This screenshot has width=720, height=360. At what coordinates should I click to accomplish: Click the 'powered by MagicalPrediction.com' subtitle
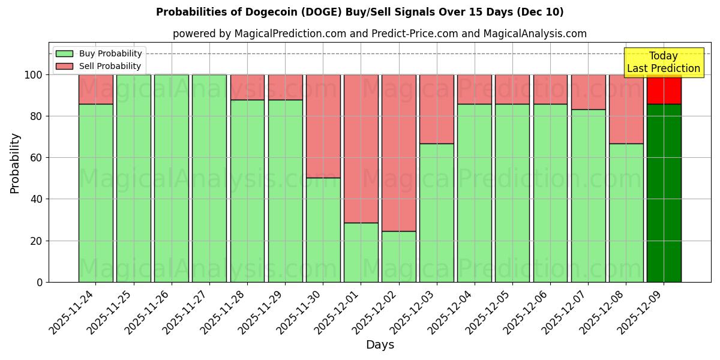tap(379, 34)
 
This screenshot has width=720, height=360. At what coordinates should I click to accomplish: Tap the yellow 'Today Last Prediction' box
tap(663, 62)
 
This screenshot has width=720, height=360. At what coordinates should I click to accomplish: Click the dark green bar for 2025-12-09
tap(664, 192)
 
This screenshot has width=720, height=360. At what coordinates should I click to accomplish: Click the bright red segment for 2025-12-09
tap(664, 89)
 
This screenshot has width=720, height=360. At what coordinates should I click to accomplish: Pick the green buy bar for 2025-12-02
tap(398, 256)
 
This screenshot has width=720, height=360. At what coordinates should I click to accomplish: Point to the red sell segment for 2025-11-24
tap(95, 89)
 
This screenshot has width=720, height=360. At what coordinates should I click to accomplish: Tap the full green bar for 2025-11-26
tap(172, 178)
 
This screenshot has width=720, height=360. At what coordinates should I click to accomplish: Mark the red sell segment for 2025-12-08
tap(626, 109)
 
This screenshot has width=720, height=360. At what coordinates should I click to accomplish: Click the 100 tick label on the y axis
tap(33, 75)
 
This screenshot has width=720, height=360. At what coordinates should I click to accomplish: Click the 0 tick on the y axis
tap(40, 282)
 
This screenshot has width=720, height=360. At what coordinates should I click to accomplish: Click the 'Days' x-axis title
tap(379, 345)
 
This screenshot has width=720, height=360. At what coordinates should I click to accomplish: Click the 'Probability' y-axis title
tap(15, 163)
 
